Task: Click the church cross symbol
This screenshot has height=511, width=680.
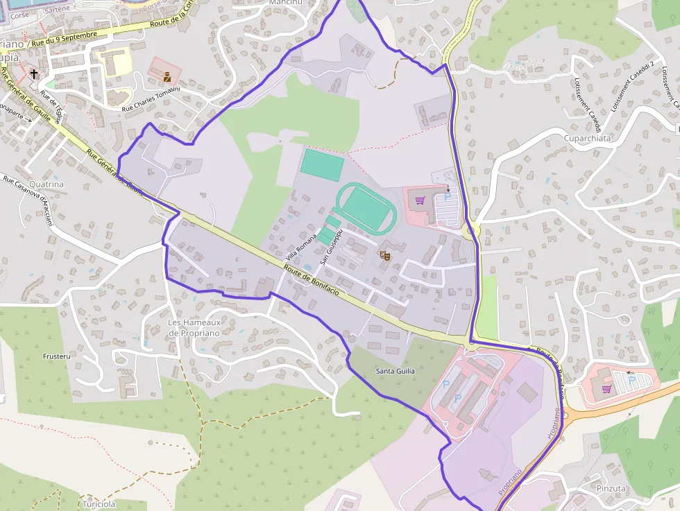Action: pos(34,72)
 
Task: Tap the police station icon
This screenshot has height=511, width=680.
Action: pos(167,77)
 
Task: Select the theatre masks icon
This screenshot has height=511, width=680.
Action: pos(384,256)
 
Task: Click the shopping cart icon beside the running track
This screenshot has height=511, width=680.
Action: pos(419,201)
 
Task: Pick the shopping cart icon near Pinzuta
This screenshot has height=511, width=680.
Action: pos(606,388)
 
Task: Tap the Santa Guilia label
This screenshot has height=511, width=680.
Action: pos(396,372)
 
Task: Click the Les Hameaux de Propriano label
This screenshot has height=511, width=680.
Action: pos(194,327)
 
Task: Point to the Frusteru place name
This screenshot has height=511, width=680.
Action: pos(57,356)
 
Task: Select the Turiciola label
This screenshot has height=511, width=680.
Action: pos(99,504)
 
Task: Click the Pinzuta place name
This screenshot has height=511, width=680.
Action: pos(611,488)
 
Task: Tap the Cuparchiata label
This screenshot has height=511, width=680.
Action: pos(588,138)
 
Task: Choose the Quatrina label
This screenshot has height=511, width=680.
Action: pos(47,184)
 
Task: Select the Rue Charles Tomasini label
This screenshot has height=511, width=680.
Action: pos(151,99)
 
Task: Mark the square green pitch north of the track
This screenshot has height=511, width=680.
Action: pos(322,165)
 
